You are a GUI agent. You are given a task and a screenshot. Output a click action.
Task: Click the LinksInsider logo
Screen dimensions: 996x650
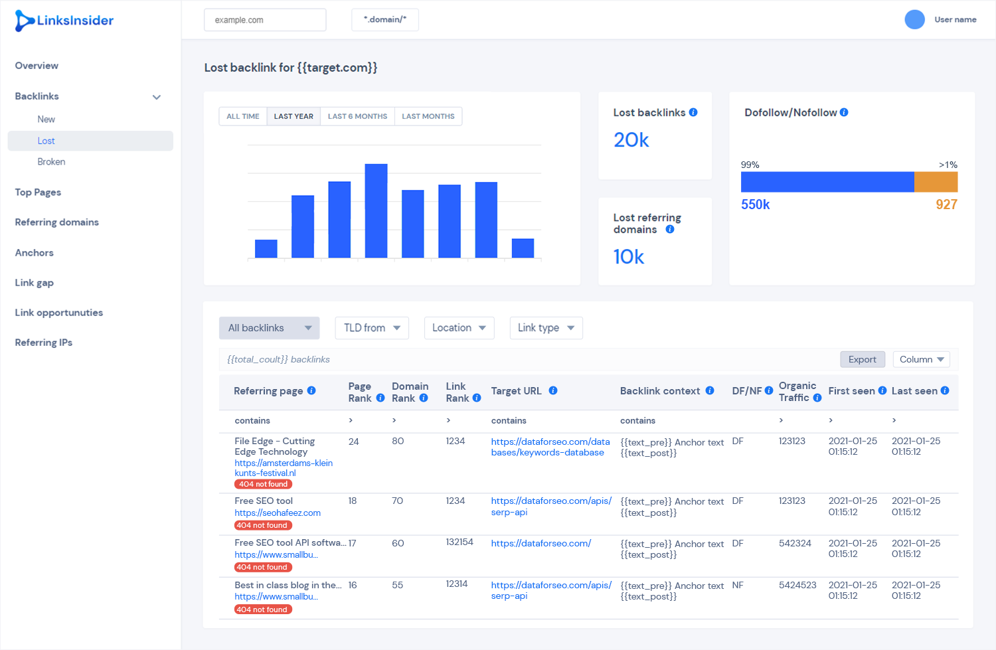click(64, 21)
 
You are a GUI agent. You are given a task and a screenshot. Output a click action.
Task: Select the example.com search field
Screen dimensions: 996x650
click(265, 20)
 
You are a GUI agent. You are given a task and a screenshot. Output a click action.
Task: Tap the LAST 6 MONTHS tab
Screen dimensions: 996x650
click(357, 116)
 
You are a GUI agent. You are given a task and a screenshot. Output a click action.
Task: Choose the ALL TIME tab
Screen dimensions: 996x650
click(243, 116)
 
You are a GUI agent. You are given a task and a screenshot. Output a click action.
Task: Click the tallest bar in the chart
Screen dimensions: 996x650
click(376, 210)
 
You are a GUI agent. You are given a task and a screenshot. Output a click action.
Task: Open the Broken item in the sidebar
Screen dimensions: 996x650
click(52, 162)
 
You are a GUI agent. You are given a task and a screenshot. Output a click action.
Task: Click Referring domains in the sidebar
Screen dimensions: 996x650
click(57, 222)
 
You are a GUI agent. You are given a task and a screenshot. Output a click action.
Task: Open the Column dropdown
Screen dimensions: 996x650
click(922, 359)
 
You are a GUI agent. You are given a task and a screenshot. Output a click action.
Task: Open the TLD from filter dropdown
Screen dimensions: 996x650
click(372, 328)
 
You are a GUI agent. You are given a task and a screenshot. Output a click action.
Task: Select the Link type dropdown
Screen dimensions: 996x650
click(546, 328)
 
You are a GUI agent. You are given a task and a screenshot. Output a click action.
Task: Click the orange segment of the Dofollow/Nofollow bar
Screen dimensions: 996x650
click(936, 182)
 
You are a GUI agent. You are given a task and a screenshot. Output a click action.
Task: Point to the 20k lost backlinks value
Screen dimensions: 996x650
click(631, 141)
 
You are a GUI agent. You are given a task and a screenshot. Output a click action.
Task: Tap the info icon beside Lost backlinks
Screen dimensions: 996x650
click(693, 112)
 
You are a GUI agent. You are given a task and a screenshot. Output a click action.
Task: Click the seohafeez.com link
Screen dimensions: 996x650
click(278, 513)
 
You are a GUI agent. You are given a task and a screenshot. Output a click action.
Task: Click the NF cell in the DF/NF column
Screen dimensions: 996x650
click(738, 585)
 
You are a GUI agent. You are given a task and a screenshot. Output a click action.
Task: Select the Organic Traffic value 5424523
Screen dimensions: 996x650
click(797, 585)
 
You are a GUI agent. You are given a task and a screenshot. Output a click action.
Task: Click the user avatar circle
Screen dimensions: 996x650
click(914, 19)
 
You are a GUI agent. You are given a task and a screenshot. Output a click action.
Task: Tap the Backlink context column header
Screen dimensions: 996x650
click(660, 391)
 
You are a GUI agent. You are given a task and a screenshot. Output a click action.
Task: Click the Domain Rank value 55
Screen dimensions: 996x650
click(398, 585)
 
